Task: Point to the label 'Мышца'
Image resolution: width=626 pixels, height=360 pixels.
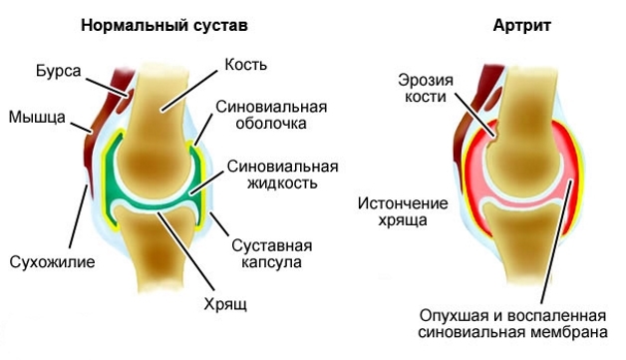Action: click(x=36, y=118)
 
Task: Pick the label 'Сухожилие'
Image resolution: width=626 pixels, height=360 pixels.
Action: click(x=52, y=264)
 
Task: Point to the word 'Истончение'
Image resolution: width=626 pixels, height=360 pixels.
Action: click(x=395, y=203)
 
